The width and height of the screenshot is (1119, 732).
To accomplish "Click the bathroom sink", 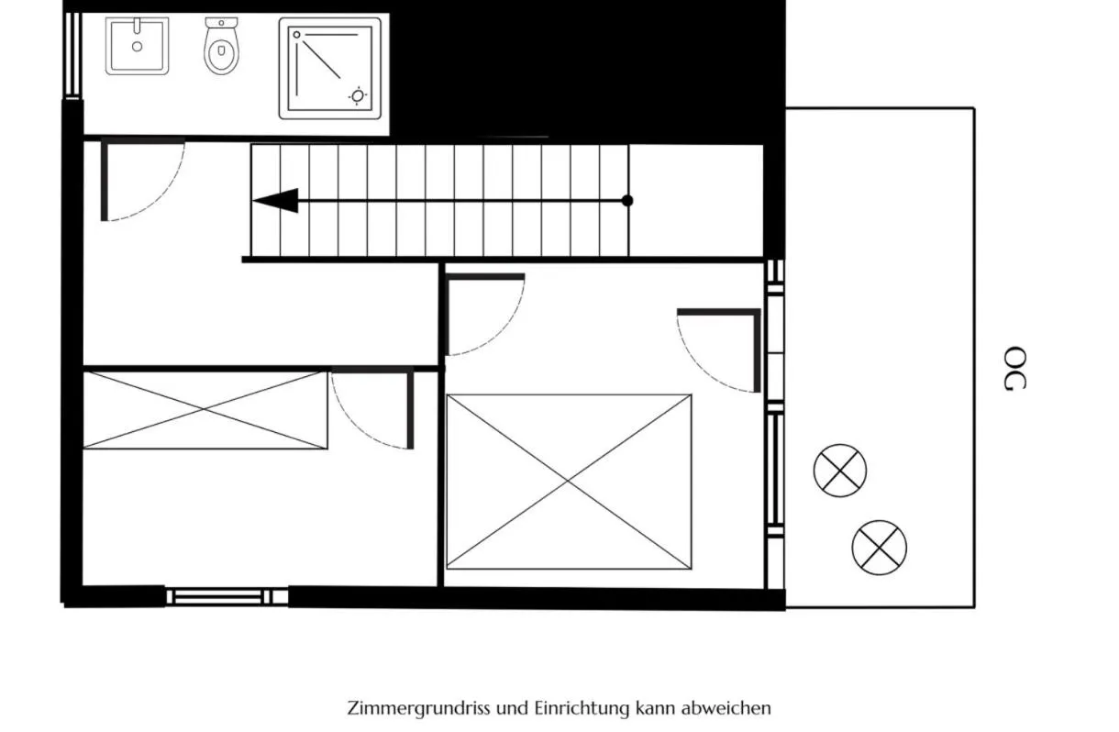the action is click(137, 46).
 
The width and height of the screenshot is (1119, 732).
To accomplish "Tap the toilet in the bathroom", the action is click(221, 46).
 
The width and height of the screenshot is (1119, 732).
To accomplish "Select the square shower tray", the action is click(329, 69).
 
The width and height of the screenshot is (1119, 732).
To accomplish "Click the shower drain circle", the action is click(358, 96).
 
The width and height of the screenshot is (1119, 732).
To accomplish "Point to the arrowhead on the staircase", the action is click(276, 200).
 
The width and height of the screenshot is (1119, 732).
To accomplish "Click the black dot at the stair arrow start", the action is click(627, 200).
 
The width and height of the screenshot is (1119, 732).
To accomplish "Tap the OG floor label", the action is click(1015, 368).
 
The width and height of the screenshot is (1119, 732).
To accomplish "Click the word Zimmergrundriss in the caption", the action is click(418, 708).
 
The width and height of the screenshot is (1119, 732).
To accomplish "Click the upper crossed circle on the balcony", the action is click(840, 471).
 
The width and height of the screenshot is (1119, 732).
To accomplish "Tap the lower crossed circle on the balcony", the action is click(880, 548).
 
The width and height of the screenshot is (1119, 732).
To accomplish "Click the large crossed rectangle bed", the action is click(569, 482).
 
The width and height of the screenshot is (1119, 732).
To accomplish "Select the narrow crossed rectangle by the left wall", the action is click(205, 410).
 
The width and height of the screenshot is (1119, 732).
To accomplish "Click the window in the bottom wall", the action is click(227, 596).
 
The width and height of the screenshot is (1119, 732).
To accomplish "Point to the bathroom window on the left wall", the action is click(73, 54).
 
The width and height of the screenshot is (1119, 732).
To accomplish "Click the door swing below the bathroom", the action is click(143, 180).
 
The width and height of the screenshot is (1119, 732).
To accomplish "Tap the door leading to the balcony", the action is click(719, 350).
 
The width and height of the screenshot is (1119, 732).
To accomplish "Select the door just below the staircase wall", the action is click(484, 315).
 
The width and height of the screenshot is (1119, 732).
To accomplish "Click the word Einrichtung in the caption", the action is click(582, 708).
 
